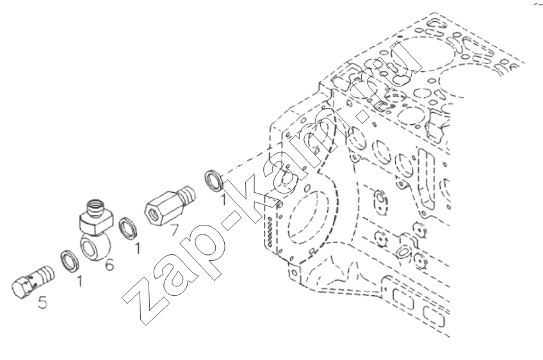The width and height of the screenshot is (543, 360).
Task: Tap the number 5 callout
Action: pyautogui.click(x=42, y=302)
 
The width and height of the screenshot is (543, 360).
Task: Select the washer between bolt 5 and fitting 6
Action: pyautogui.click(x=70, y=261)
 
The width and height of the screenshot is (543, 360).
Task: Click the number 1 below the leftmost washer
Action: pyautogui.click(x=80, y=281)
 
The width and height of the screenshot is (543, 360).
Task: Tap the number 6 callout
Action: pyautogui.click(x=109, y=265)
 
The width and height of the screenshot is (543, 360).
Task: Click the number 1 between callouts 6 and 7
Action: pyautogui.click(x=138, y=249)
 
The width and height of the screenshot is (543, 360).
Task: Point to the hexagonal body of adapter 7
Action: pyautogui.click(x=161, y=209)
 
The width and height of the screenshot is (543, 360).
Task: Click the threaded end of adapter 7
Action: pyautogui.click(x=186, y=195)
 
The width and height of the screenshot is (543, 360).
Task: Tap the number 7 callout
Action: pyautogui.click(x=174, y=230)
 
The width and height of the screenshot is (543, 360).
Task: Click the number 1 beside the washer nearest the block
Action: pyautogui.click(x=223, y=200)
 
